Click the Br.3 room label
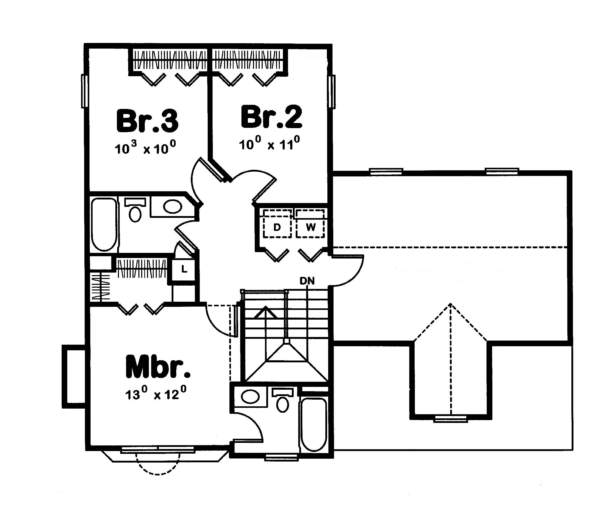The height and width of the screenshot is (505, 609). tap(147, 121)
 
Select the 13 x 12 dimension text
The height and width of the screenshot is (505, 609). tap(156, 394)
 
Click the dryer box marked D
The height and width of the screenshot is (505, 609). tap(277, 228)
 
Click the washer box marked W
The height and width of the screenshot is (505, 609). tap(310, 228)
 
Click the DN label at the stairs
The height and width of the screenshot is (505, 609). tap(307, 280)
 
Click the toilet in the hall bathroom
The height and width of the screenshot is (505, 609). tap(135, 212)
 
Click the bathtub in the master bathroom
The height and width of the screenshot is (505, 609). tap(314, 424)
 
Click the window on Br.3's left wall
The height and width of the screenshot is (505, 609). tap(84, 91)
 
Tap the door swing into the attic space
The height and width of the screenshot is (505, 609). tap(348, 270)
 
